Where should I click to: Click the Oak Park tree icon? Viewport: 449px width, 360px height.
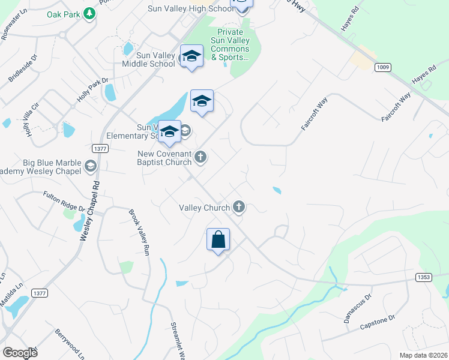pyautogui.click(x=89, y=13)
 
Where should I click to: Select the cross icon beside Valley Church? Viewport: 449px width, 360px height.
pyautogui.click(x=239, y=208)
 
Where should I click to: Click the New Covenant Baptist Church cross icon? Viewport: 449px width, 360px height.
pyautogui.click(x=200, y=157)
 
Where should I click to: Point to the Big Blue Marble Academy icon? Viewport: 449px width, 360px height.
pyautogui.click(x=91, y=166)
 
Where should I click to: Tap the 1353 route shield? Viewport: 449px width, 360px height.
pyautogui.click(x=423, y=277)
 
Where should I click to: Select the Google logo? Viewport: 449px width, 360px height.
pyautogui.click(x=20, y=353)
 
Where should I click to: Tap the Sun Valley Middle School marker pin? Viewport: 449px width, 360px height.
pyautogui.click(x=191, y=56)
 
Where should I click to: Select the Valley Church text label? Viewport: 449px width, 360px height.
pyautogui.click(x=204, y=208)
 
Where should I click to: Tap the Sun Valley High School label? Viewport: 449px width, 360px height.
pyautogui.click(x=191, y=9)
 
